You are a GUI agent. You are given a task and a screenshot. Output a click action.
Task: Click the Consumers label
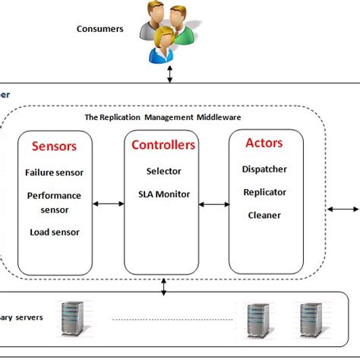pyautogui.click(x=99, y=29)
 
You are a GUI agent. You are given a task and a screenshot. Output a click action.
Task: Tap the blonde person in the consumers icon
pyautogui.click(x=163, y=43)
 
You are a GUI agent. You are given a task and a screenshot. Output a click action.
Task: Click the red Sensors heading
pyautogui.click(x=55, y=146)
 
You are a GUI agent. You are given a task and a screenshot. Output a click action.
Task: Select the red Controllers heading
pyautogui.click(x=163, y=144)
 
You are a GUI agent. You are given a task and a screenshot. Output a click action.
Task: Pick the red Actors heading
pyautogui.click(x=264, y=143)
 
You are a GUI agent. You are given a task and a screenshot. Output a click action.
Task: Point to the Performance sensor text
pyautogui.click(x=55, y=202)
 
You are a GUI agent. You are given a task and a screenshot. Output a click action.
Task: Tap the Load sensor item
pyautogui.click(x=55, y=232)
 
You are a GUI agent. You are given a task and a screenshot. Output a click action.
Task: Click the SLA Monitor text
pyautogui.click(x=163, y=195)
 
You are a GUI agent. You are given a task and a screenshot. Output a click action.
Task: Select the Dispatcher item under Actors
pyautogui.click(x=264, y=169)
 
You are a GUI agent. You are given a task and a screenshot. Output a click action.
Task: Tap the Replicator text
pyautogui.click(x=264, y=192)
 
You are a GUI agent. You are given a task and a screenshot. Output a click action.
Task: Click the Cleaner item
pyautogui.click(x=264, y=215)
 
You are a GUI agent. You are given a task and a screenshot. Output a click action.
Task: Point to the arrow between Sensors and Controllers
pyautogui.click(x=109, y=204)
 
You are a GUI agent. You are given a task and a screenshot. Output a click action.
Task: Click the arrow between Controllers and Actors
pyautogui.click(x=214, y=204)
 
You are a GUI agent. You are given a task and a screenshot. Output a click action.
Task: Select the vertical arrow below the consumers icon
pyautogui.click(x=170, y=74)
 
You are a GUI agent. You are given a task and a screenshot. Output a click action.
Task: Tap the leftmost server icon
pyautogui.click(x=73, y=319)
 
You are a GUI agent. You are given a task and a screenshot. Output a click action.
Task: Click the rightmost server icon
pyautogui.click(x=310, y=319)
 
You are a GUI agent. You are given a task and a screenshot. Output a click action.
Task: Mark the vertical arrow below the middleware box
pyautogui.click(x=164, y=288)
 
